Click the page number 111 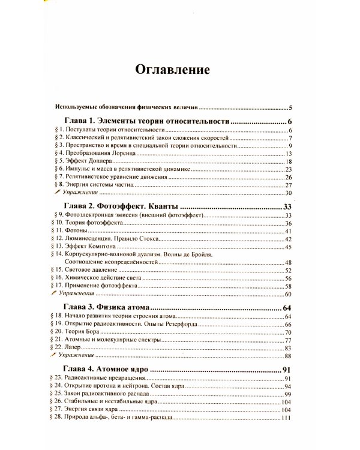tap(285, 418)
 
